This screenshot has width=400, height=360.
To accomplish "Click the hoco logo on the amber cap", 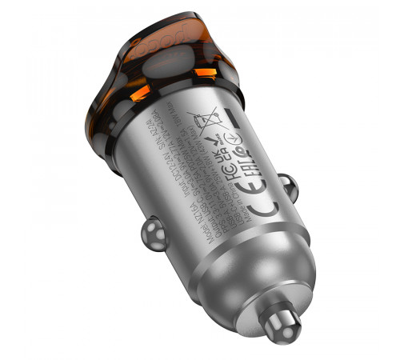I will [x=171, y=42].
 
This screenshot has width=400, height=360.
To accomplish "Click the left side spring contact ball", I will [x=153, y=234].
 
